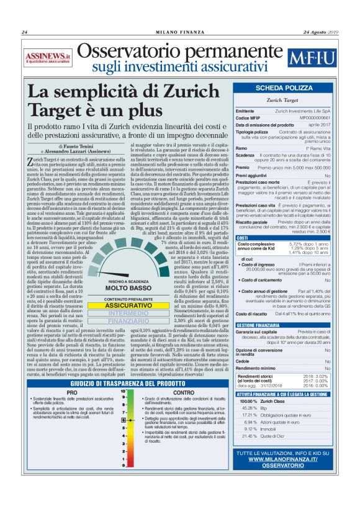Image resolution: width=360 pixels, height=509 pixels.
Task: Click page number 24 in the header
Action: [x=24, y=32]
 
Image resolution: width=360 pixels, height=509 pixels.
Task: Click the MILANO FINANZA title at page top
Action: [x=179, y=32]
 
